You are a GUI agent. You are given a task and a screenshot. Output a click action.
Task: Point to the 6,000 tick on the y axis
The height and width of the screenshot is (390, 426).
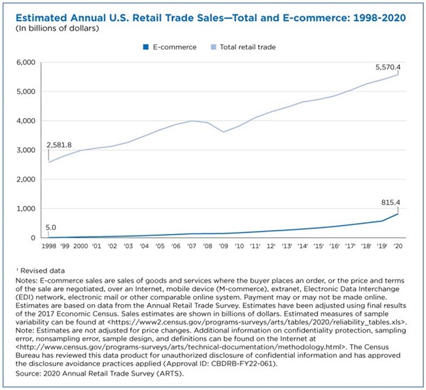[x=23, y=62]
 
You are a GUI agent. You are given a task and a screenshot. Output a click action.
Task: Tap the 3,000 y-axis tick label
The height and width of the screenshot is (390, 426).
[x=23, y=150]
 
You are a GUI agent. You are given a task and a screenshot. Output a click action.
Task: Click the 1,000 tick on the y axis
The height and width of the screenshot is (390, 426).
[x=23, y=209]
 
